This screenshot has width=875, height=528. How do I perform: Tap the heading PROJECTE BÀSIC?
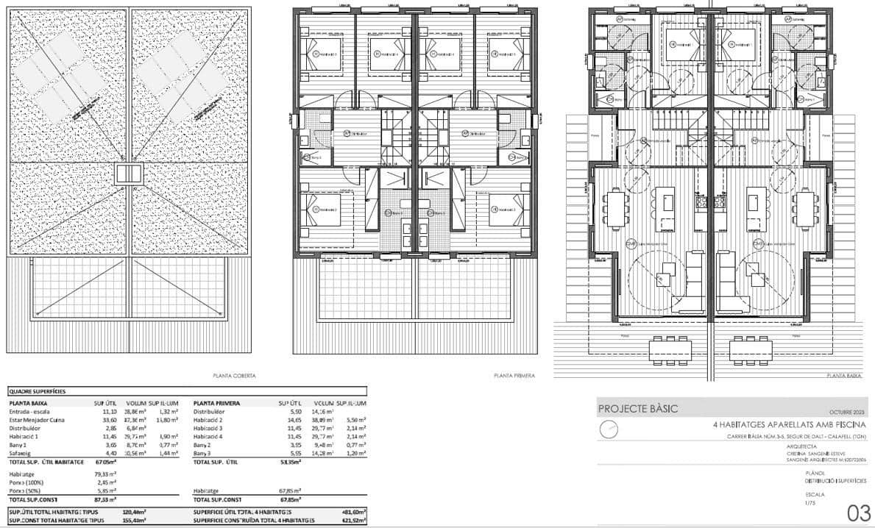[x=638, y=409]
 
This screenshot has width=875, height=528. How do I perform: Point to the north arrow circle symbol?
[x=607, y=429]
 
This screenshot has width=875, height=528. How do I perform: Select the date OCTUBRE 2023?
[x=847, y=412]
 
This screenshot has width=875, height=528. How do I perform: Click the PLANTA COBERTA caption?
[x=234, y=376]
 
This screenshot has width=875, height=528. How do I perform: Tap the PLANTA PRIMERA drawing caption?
[x=514, y=376]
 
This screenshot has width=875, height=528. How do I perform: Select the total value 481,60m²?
[x=353, y=512]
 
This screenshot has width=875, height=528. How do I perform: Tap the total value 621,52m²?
[x=353, y=520]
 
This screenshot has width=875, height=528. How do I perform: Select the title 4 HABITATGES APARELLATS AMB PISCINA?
[x=789, y=425]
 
